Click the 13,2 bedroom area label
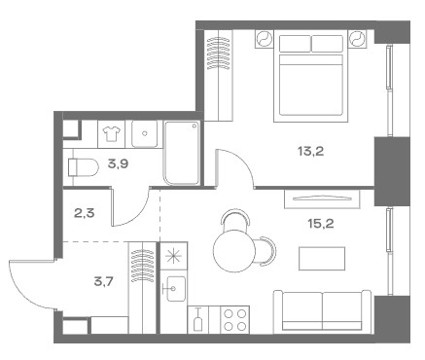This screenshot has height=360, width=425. pyautogui.click(x=311, y=152)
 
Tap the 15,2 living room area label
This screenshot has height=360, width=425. pyautogui.click(x=321, y=224)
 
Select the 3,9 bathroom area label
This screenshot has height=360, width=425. pyautogui.click(x=119, y=164)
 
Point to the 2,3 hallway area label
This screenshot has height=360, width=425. pyautogui.click(x=84, y=214)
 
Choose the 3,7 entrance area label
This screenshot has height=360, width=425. pyautogui.click(x=104, y=282)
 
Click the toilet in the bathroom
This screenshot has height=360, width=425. pyautogui.click(x=83, y=167)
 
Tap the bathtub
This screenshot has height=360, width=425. pyautogui.click(x=182, y=153)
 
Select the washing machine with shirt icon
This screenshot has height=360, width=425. pyautogui.click(x=111, y=133)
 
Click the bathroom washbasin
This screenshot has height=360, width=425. pyautogui.click(x=145, y=133)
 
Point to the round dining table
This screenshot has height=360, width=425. pyautogui.click(x=234, y=251)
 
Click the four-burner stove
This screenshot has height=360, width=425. pyautogui.click(x=235, y=320)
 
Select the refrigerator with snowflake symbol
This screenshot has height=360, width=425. pyautogui.click(x=174, y=256)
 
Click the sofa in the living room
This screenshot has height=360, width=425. pyautogui.click(x=322, y=311)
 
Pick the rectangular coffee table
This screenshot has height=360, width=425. pyautogui.click(x=322, y=259)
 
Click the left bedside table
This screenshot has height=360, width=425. pyautogui.click(x=265, y=39)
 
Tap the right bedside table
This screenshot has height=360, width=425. pyautogui.click(x=358, y=39)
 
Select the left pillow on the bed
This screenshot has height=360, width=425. pyautogui.click(x=295, y=44)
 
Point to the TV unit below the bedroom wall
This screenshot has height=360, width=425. pyautogui.click(x=322, y=198)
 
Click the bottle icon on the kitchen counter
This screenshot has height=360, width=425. pyautogui.click(x=197, y=320)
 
